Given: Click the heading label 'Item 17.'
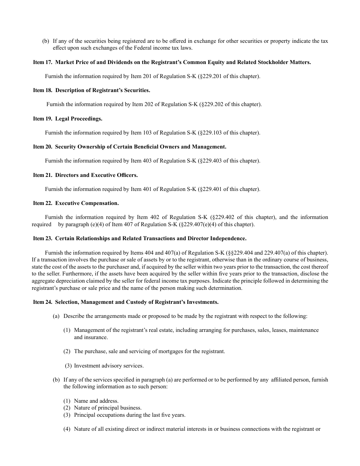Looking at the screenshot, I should (x=42, y=62).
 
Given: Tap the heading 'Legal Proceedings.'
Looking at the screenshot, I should (x=78, y=119).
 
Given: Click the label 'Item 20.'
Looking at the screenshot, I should (x=42, y=147).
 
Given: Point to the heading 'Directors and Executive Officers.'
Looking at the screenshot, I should (x=96, y=175).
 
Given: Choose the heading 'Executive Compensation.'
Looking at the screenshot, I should (x=87, y=203).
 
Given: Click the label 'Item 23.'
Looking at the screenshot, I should (x=42, y=238).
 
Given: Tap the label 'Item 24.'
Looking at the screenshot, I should (x=42, y=302).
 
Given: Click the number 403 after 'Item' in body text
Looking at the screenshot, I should (x=147, y=161).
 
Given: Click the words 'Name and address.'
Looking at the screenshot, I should (x=96, y=401).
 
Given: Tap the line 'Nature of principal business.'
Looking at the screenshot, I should (x=108, y=408).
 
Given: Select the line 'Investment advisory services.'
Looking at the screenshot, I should (x=109, y=366).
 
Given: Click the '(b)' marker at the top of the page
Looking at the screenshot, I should (x=45, y=41).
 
